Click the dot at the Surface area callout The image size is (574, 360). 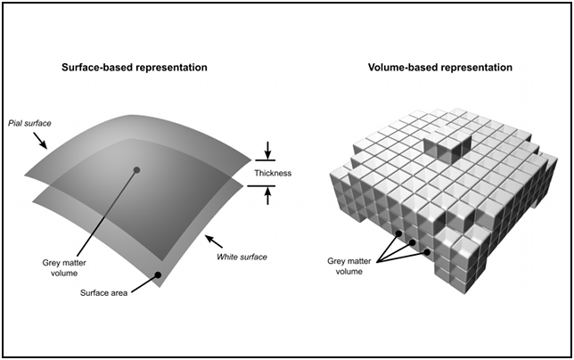coord(157,276)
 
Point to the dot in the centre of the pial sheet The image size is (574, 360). coord(136,169)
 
